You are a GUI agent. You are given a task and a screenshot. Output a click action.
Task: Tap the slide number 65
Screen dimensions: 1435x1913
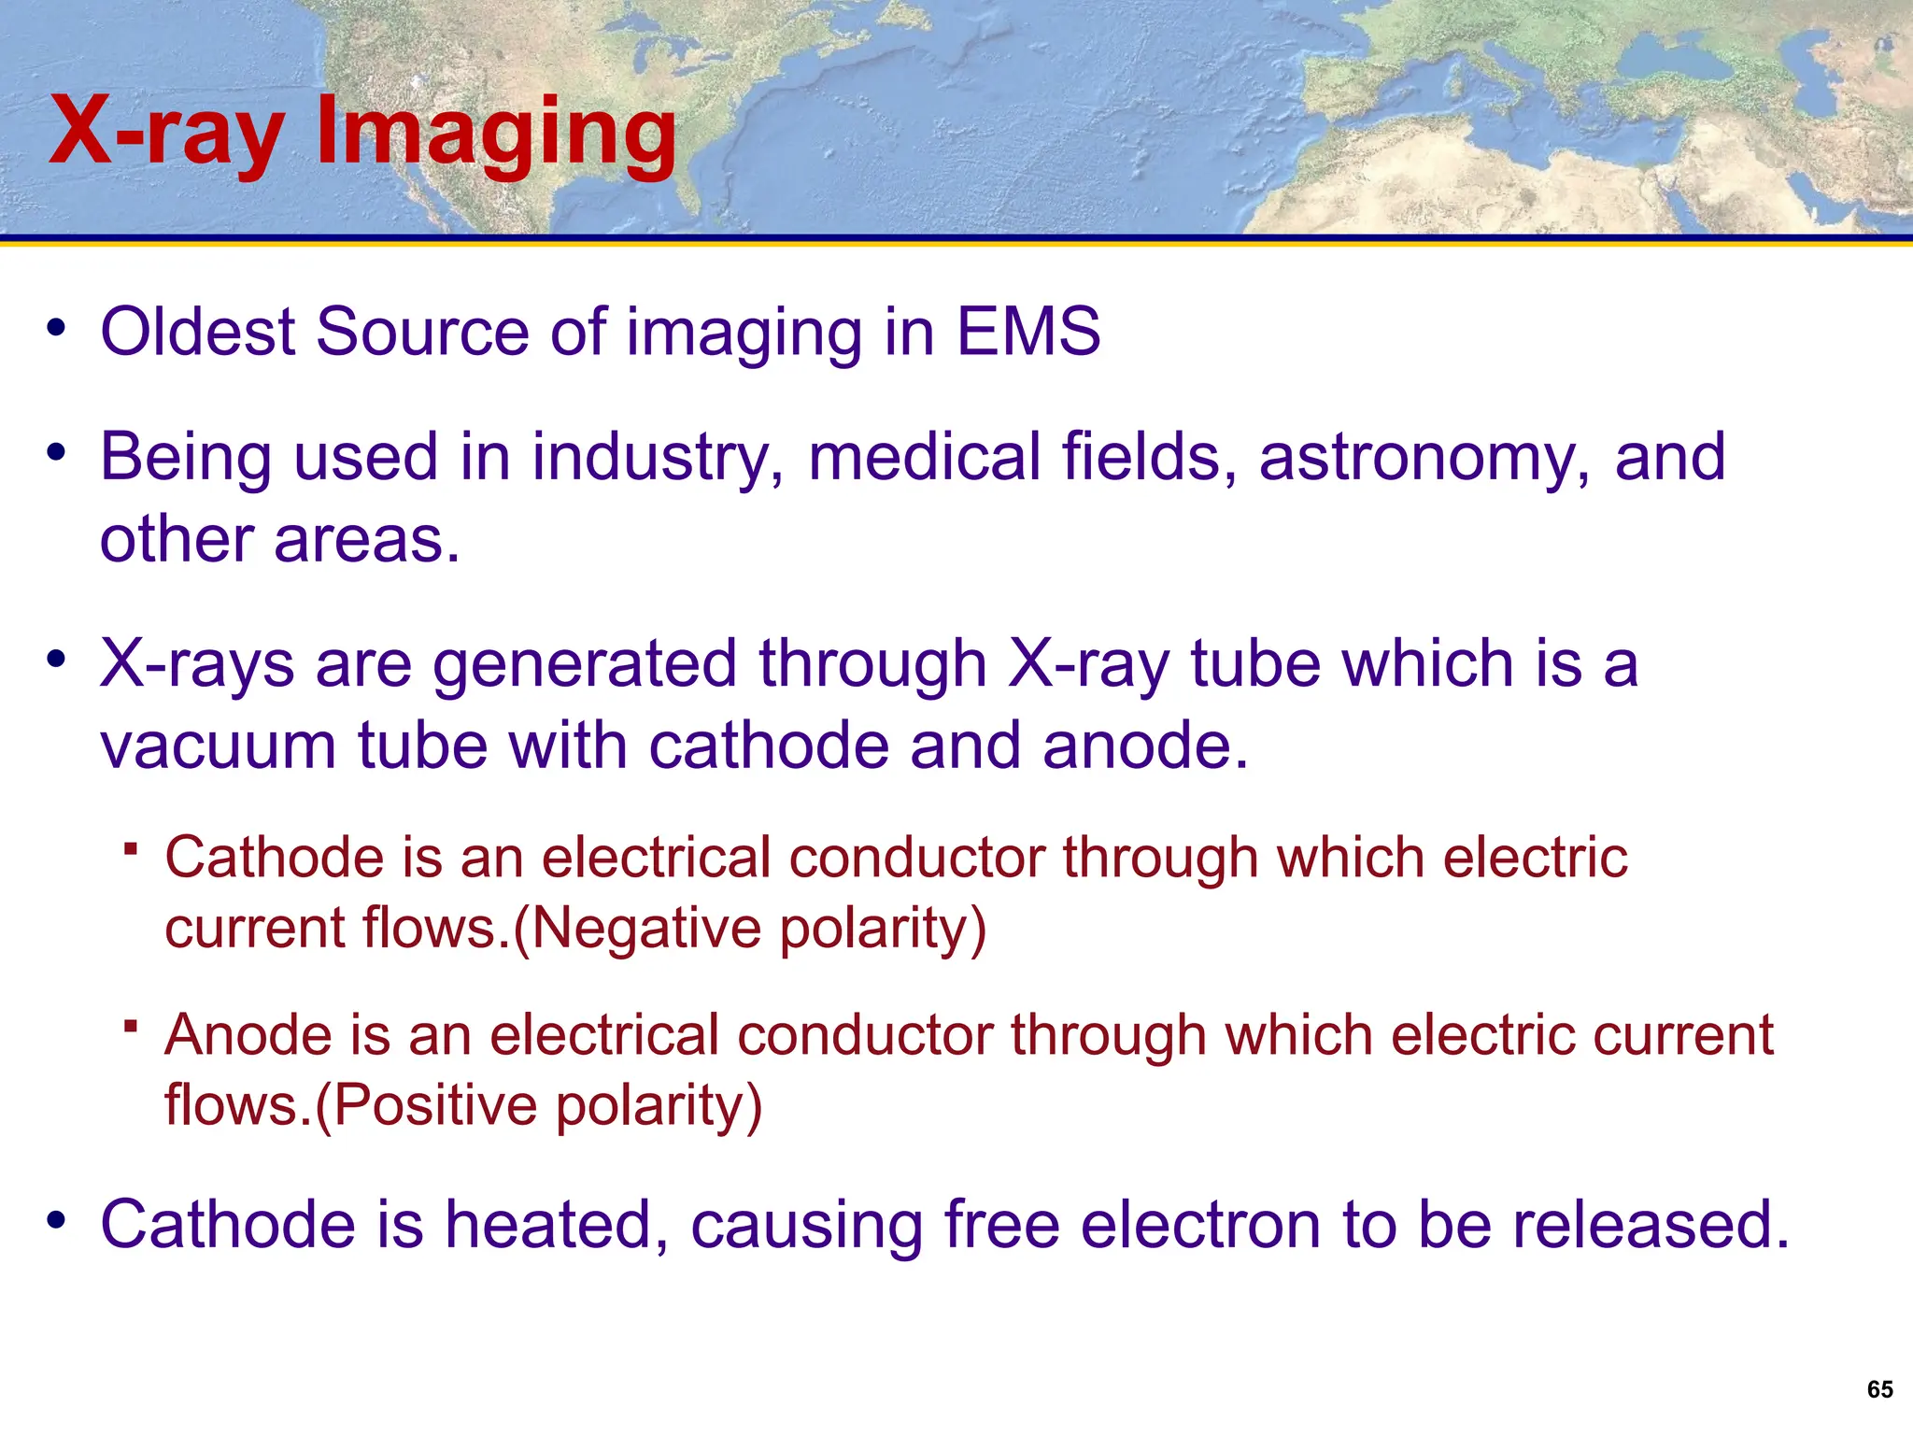[x=1879, y=1389]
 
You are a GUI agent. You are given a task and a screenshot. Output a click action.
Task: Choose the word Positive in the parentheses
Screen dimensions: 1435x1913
[x=435, y=1105]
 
